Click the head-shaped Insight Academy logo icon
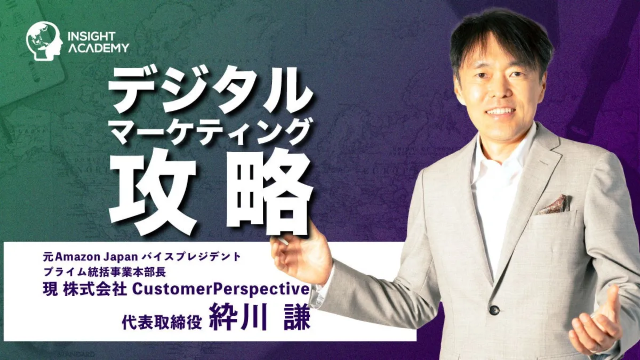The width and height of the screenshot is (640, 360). coord(44,42)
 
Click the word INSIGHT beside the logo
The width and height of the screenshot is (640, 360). coord(91,36)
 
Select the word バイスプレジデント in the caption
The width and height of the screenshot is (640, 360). coord(191,257)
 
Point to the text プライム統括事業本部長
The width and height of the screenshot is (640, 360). coord(105,273)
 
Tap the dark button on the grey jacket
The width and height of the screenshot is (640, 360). coord(494,310)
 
